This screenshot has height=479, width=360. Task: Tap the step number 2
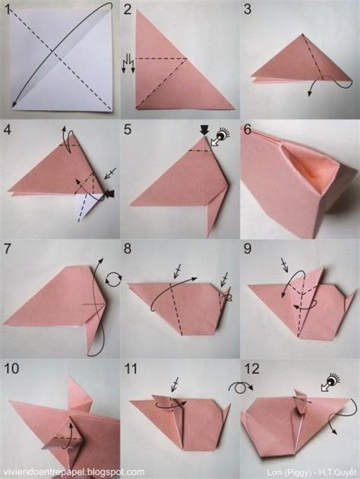tap(128, 9)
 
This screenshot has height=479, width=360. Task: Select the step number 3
tap(248, 9)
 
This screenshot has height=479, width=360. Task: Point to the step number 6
tap(248, 129)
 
